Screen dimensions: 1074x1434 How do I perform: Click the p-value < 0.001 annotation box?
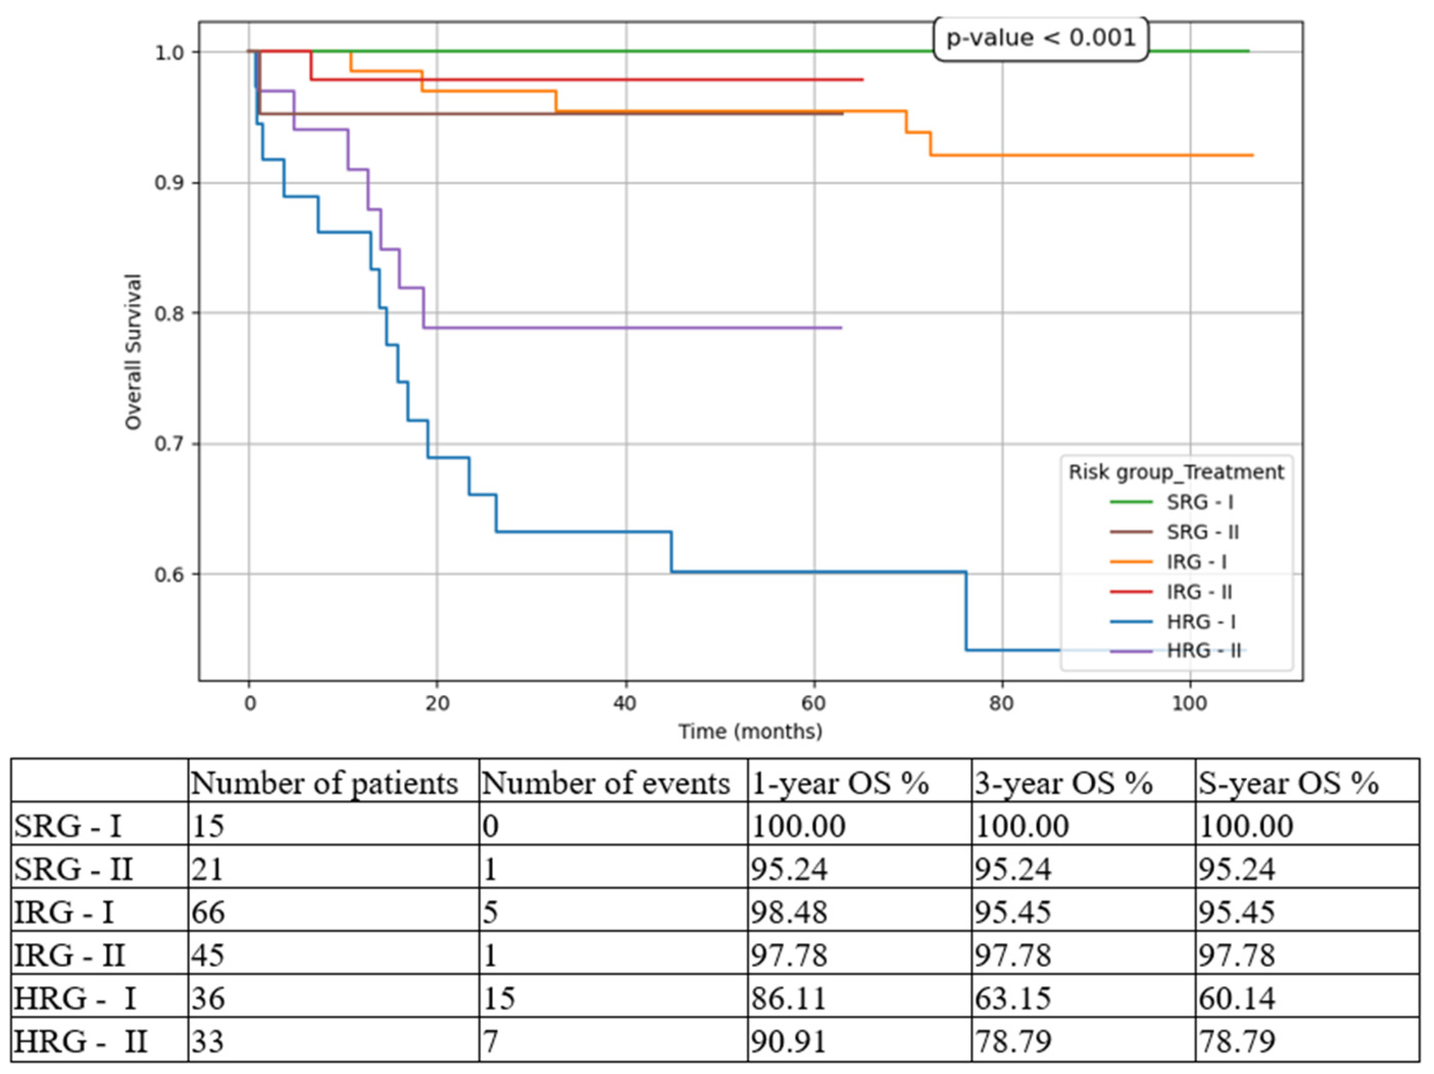click(1041, 38)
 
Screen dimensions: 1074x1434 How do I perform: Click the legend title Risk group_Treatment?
click(1175, 472)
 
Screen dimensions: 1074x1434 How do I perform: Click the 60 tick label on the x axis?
click(814, 703)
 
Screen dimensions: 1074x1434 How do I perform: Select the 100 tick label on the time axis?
click(1189, 703)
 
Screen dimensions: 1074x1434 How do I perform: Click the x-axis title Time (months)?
click(750, 732)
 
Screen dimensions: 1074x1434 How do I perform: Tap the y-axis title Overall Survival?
click(133, 351)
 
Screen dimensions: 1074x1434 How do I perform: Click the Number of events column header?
click(606, 783)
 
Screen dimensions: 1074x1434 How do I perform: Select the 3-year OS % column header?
click(1064, 783)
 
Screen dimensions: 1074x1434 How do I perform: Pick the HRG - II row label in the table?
click(81, 1041)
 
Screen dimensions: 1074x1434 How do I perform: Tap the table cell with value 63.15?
click(1013, 998)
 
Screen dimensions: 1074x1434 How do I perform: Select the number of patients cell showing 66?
click(208, 912)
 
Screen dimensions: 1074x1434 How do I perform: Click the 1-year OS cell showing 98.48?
click(789, 912)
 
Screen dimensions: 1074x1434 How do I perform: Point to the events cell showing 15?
click(499, 998)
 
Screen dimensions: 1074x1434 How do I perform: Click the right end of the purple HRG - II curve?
click(841, 327)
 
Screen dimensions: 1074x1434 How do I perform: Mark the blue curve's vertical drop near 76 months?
click(966, 609)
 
